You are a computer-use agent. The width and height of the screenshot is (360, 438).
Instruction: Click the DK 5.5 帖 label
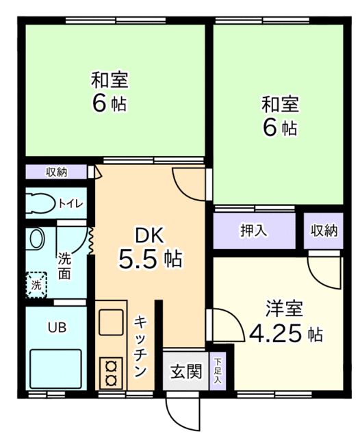(149, 248)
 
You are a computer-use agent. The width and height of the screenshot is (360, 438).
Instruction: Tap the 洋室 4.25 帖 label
(285, 322)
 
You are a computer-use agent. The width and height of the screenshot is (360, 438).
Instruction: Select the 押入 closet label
(253, 231)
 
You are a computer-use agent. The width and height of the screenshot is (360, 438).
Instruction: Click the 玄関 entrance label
(185, 372)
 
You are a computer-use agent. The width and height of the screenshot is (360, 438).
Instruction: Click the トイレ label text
(70, 203)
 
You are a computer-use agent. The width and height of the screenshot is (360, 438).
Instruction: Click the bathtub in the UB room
(56, 369)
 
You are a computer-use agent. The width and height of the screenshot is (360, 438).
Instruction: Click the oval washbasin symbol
(38, 240)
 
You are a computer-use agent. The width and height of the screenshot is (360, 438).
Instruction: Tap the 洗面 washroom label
(64, 266)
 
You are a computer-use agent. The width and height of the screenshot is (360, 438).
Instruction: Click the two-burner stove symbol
(110, 374)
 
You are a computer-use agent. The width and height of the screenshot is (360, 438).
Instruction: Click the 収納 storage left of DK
(57, 172)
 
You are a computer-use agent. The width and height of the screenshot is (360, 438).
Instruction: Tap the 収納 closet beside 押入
(323, 231)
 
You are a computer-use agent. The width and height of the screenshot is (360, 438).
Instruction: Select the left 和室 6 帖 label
(110, 92)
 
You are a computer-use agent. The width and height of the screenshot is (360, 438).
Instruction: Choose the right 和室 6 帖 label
(279, 116)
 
